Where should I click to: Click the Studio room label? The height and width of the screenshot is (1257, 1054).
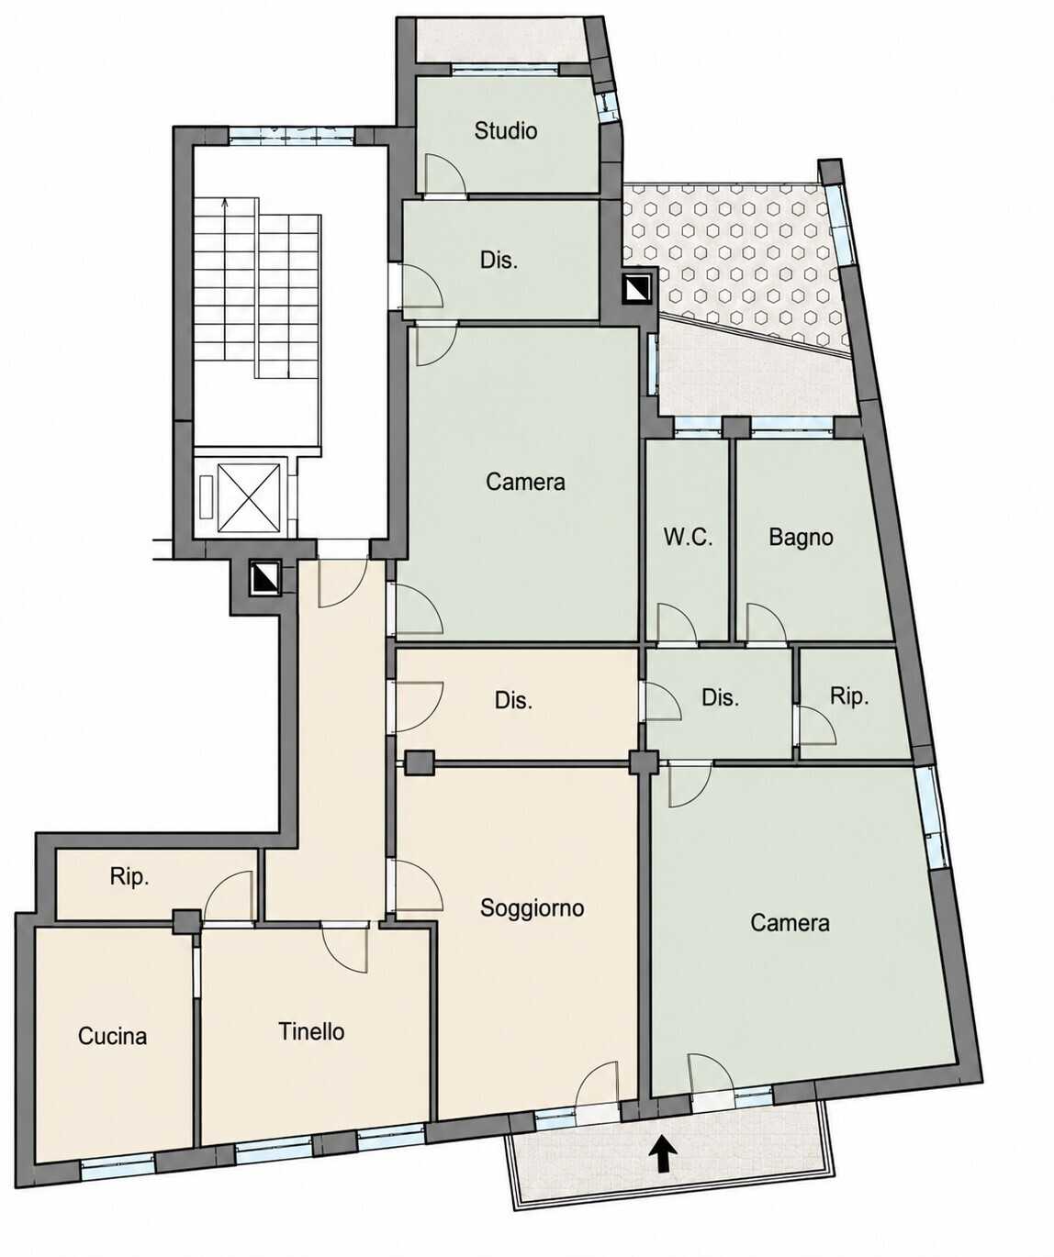505,130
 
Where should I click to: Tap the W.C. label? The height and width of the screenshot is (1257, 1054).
688,537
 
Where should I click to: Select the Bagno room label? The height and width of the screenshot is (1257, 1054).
801,537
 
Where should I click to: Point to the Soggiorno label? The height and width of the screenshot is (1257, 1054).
532,907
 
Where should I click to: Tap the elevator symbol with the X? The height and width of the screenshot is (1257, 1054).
249,498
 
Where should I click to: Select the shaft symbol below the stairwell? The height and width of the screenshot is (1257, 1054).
264,577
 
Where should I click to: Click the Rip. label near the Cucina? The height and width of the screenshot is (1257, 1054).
129,876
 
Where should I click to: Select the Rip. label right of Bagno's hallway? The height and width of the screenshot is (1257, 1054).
849,695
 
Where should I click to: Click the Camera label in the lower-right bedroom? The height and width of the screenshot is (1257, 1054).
790,922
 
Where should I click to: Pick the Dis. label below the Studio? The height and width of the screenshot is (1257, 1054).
499,260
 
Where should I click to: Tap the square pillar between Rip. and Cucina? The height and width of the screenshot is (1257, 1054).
186,922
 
